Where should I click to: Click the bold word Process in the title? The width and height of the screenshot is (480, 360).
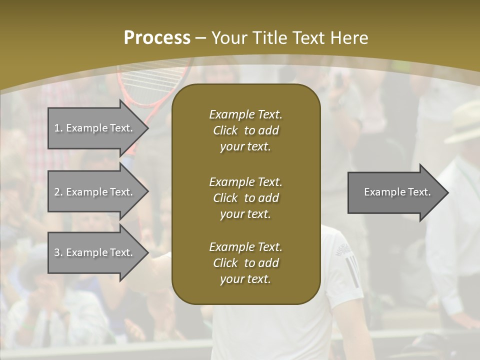tap(157, 38)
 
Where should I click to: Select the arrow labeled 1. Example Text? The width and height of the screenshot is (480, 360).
tap(95, 128)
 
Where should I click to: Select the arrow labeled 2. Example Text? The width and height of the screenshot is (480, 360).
tap(95, 192)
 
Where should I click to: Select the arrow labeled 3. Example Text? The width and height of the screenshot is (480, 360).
tap(95, 252)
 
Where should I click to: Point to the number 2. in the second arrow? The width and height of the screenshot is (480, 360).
tap(58, 192)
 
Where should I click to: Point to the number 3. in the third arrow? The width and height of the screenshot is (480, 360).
tap(58, 252)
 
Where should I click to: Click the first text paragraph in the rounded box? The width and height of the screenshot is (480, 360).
tap(245, 130)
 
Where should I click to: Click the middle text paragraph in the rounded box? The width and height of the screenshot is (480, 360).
tap(245, 197)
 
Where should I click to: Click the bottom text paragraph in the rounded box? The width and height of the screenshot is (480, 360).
tap(245, 263)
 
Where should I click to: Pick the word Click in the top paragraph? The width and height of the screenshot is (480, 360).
tap(225, 130)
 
